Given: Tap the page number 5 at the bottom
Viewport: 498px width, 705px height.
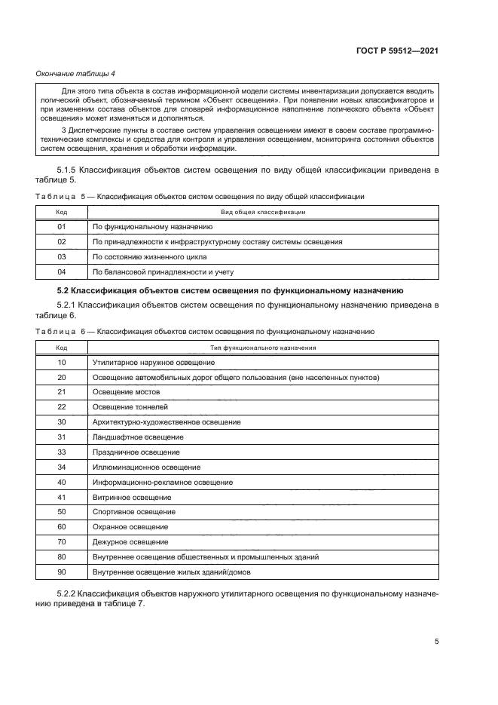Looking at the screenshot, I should point(437,642).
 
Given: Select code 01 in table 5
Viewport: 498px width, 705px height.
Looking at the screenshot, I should point(62,226).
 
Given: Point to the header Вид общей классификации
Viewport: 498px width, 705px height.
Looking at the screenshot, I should point(262,212).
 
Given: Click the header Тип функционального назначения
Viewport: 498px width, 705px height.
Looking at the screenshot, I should point(262,348).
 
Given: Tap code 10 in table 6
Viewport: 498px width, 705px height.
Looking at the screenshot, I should point(62,362).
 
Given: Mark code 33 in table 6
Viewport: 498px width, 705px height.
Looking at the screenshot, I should point(62,452).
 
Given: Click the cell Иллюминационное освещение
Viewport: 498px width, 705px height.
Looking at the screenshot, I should point(141,467).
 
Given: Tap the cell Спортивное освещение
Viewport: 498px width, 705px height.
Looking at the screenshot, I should point(133,512).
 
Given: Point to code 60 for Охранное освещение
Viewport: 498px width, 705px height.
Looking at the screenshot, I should point(62,527).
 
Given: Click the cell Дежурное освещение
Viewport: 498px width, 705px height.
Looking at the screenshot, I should point(130,542).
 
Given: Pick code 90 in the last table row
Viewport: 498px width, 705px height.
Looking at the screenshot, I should point(62,572).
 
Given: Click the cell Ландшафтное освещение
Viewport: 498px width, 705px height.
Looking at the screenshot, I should point(138,437).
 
